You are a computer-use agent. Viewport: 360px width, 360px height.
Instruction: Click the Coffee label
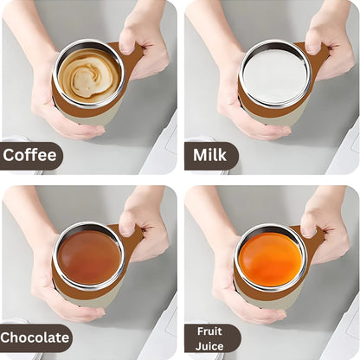29,155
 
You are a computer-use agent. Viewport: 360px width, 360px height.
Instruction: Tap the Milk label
209,155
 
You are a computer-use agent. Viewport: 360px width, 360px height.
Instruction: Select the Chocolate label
35,337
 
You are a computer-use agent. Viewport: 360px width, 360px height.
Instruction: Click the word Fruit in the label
209,331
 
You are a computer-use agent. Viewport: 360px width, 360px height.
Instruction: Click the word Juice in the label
209,346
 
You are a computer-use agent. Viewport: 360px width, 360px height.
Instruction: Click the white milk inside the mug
275,76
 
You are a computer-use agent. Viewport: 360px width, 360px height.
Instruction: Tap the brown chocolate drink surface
89,256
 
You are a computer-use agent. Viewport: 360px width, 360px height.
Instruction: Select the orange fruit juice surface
270,259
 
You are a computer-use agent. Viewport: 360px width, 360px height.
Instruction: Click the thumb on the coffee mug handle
127,42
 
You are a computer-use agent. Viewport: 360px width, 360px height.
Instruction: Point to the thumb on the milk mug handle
314,42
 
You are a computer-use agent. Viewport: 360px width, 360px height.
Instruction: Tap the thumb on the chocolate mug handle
128,224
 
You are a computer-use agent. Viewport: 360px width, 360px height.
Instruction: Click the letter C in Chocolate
6,337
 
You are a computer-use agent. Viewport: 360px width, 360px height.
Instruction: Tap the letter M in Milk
200,156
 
